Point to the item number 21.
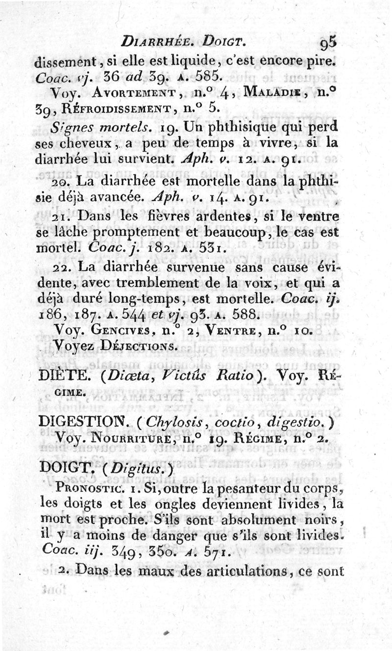62,216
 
